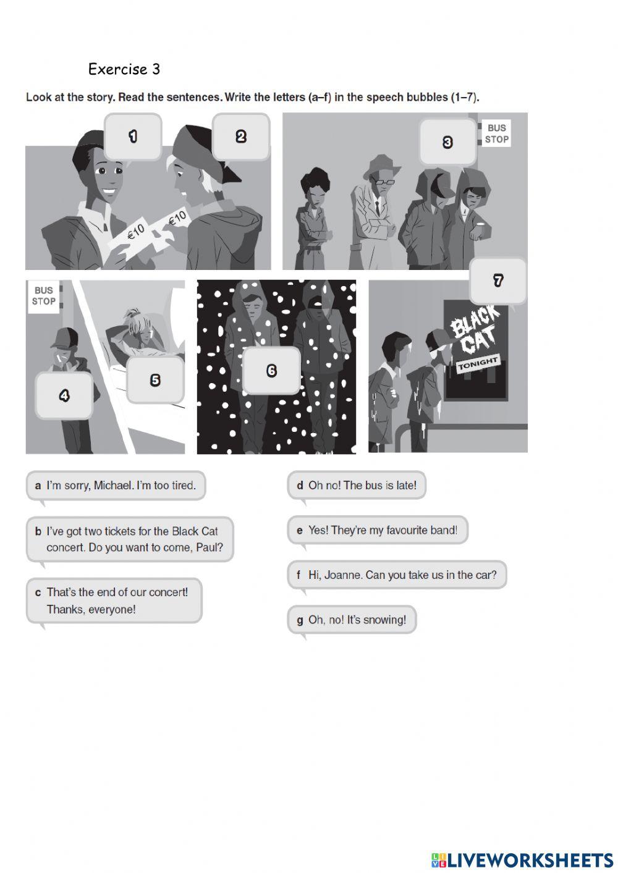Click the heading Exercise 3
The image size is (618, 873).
pyautogui.click(x=124, y=69)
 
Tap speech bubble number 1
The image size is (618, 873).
pyautogui.click(x=133, y=137)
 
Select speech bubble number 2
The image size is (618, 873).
pyautogui.click(x=242, y=137)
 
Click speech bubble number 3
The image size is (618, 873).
pyautogui.click(x=447, y=142)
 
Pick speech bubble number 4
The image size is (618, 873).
pyautogui.click(x=64, y=395)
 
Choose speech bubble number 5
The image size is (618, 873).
pyautogui.click(x=155, y=379)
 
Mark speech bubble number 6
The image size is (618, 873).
pyautogui.click(x=271, y=370)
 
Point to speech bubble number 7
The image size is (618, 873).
pyautogui.click(x=498, y=280)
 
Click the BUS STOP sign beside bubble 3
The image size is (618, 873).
pyautogui.click(x=496, y=133)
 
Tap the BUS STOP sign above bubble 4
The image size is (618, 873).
pyautogui.click(x=44, y=296)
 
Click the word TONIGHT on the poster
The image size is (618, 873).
pyautogui.click(x=478, y=364)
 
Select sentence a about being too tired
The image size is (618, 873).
pyautogui.click(x=116, y=485)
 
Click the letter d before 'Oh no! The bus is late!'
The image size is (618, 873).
pyautogui.click(x=300, y=486)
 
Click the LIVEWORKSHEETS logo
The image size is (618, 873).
pyautogui.click(x=522, y=860)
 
